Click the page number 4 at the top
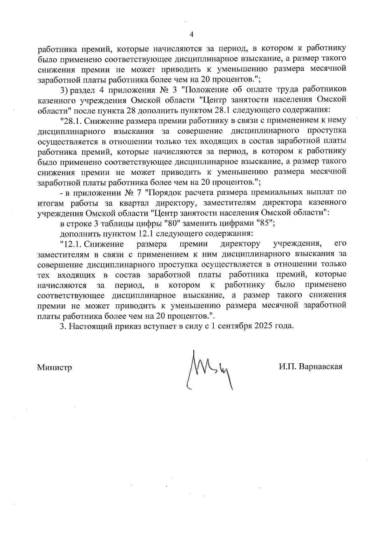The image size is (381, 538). tap(191, 35)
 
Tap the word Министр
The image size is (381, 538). tap(55, 367)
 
